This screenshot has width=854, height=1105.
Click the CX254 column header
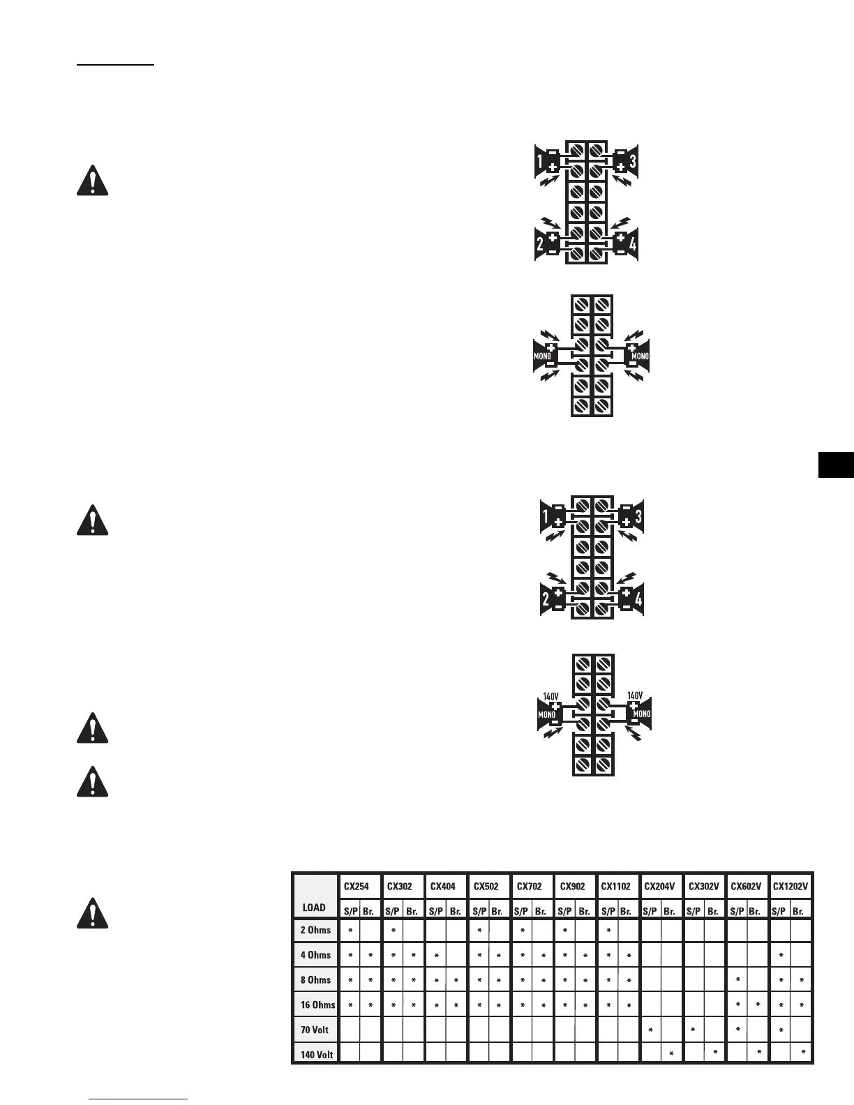pyautogui.click(x=357, y=887)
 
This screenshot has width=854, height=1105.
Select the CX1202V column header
pyautogui.click(x=791, y=887)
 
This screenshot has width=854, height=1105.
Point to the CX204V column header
pyautogui.click(x=659, y=887)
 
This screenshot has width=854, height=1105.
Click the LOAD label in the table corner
pyautogui.click(x=314, y=908)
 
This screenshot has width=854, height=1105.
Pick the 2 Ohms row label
pyautogui.click(x=315, y=930)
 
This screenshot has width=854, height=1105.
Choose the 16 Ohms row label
pyautogui.click(x=317, y=1005)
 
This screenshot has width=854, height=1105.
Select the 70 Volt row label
pyautogui.click(x=315, y=1030)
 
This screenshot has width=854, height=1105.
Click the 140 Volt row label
pyautogui.click(x=317, y=1055)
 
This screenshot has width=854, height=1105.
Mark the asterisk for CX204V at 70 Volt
pyautogui.click(x=650, y=1030)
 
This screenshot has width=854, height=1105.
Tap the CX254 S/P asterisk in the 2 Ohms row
pyautogui.click(x=350, y=930)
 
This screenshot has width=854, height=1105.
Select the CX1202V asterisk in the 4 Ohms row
pyautogui.click(x=781, y=955)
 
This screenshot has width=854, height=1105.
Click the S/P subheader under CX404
pyautogui.click(x=435, y=911)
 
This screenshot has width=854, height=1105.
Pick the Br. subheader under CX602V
pyautogui.click(x=754, y=911)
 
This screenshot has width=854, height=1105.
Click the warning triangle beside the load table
pyautogui.click(x=92, y=914)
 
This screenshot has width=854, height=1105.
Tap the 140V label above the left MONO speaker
pyautogui.click(x=550, y=696)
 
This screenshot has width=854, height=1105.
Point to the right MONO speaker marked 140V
pyautogui.click(x=638, y=714)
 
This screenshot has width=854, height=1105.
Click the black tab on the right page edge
pyautogui.click(x=836, y=465)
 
